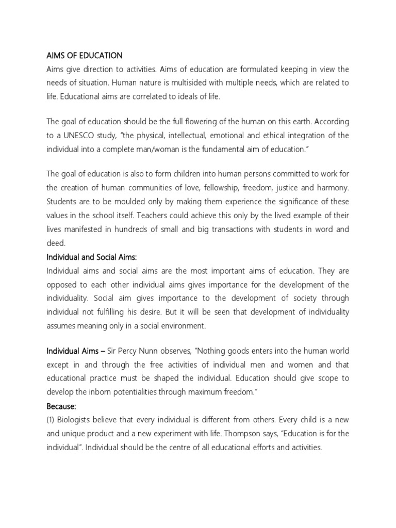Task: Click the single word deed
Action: pyautogui.click(x=55, y=242)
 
